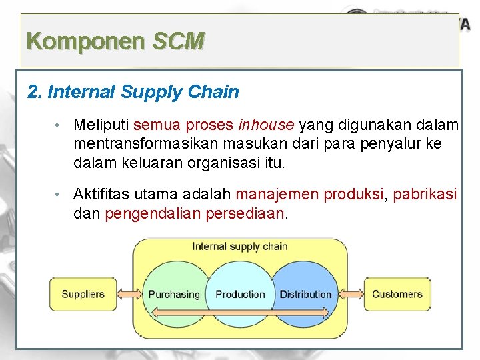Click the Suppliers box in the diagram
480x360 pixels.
[83, 294]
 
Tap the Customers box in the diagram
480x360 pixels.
[397, 294]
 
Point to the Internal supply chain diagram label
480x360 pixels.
[240, 246]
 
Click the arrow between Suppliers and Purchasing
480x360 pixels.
[128, 294]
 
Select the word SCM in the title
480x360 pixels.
[178, 41]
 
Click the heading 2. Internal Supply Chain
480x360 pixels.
[133, 91]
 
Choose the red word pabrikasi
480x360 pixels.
[425, 195]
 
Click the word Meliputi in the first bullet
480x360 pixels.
[101, 125]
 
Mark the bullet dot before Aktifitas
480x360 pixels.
[59, 195]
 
